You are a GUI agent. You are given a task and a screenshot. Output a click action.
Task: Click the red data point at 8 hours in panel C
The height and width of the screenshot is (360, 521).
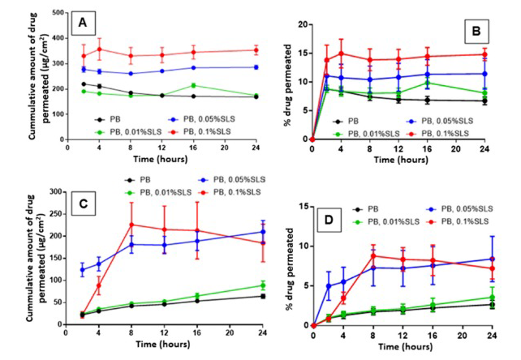tap(132, 225)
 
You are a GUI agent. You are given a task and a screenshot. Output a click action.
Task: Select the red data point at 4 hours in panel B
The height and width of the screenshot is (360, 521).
tap(342, 54)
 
